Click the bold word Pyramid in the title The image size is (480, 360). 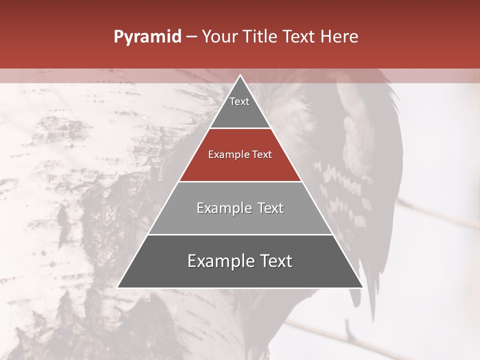click(x=147, y=37)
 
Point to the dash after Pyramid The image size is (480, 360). click(x=191, y=37)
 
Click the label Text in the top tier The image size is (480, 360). click(x=239, y=101)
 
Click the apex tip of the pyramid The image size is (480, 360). click(x=240, y=76)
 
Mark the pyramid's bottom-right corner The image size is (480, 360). click(x=362, y=287)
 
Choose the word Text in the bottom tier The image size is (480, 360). click(x=274, y=261)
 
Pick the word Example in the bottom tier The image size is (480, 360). click(x=219, y=261)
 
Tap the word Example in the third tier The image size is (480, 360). click(x=222, y=208)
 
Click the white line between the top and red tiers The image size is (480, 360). click(x=240, y=128)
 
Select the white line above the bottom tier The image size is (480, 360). click(x=240, y=234)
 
